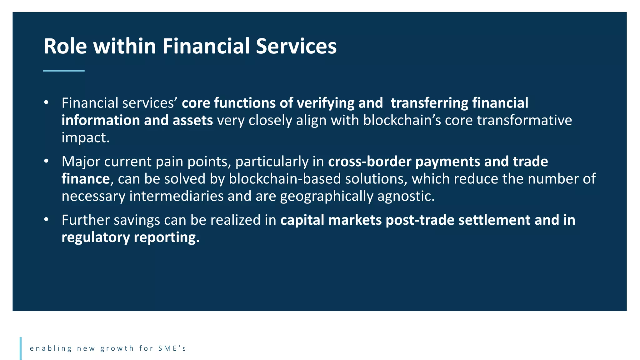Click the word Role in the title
point(65,46)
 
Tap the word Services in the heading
point(296,46)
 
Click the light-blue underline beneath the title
point(64,71)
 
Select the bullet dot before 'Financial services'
point(46,102)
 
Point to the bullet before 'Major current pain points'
point(46,161)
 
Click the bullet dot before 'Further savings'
point(46,219)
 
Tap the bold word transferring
point(429,103)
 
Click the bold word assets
point(193,120)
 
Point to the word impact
point(85,138)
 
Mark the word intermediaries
point(176,196)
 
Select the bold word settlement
point(494,220)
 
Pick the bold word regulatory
point(96,238)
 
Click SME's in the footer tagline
point(172,348)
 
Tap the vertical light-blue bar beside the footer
point(21,348)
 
